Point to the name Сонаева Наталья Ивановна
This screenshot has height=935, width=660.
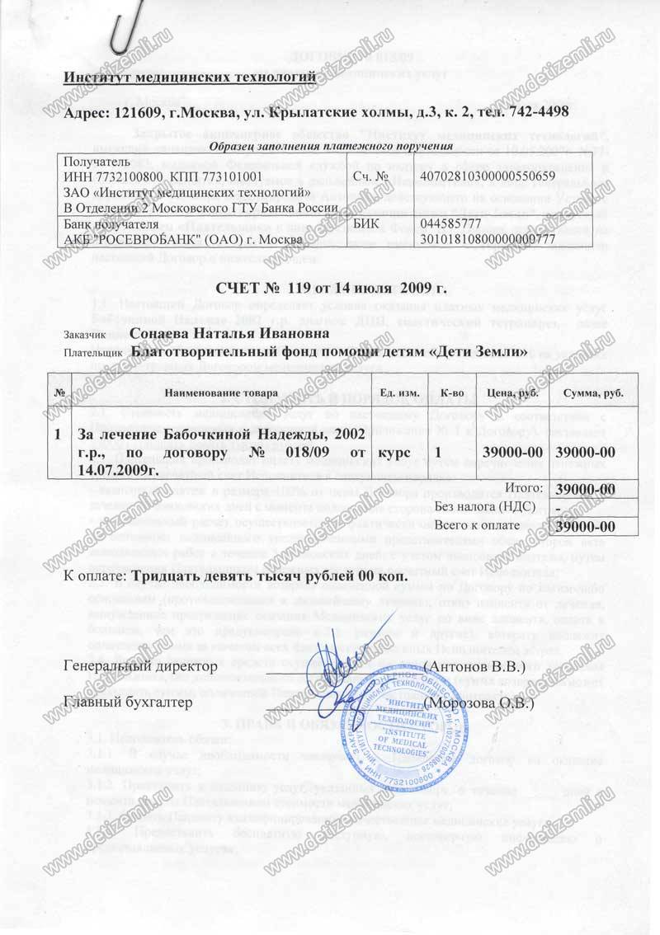[231, 333]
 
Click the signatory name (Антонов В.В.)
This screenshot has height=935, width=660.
[474, 665]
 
